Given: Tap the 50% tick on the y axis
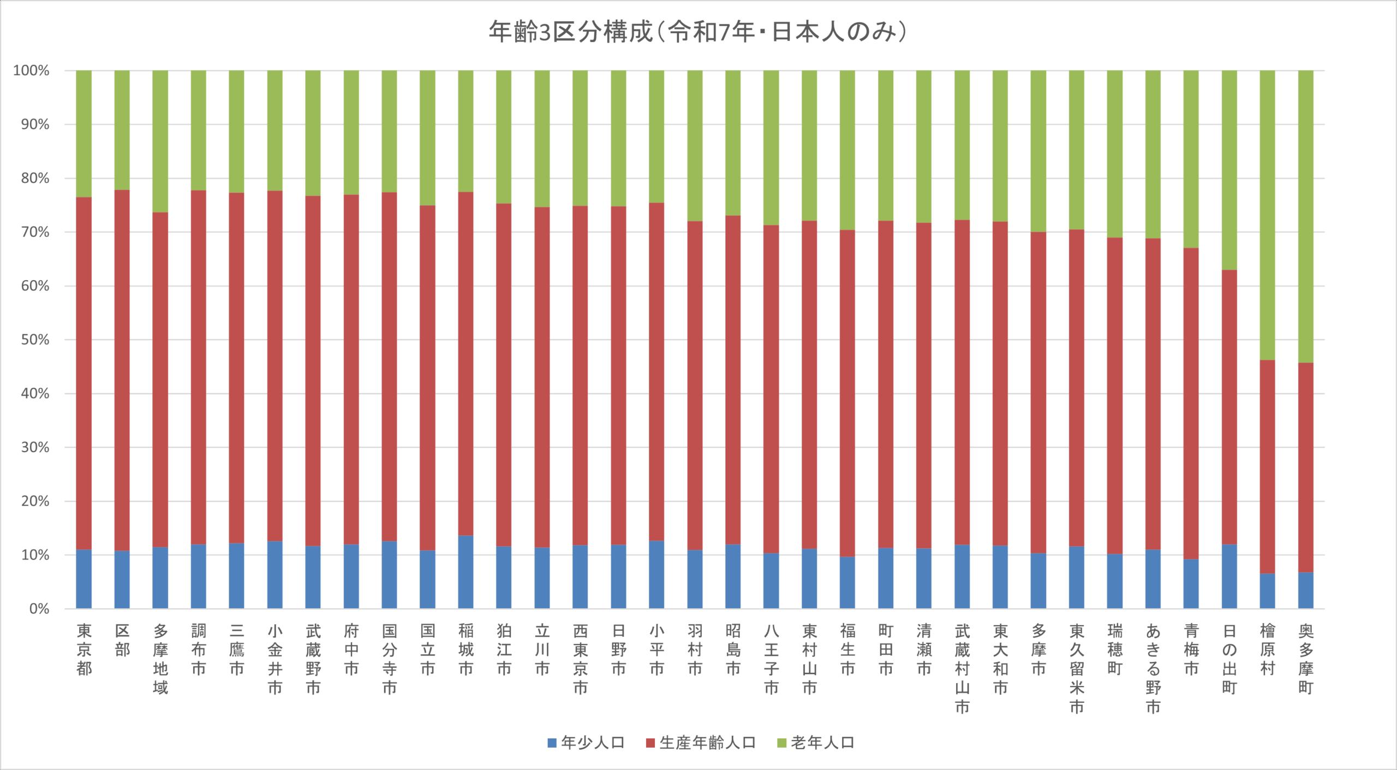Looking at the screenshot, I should (35, 340).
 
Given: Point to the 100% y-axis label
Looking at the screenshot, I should (31, 70).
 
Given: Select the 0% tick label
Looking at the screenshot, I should (39, 609).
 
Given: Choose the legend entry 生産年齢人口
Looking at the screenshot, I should (701, 743).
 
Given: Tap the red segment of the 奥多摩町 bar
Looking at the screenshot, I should (1305, 467).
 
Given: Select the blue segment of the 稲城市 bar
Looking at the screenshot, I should (465, 572).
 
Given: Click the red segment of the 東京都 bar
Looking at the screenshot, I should (83, 374).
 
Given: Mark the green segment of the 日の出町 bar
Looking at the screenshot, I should (1229, 170).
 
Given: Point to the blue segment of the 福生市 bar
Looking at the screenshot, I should (847, 583).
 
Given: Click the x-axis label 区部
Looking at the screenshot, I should (122, 640).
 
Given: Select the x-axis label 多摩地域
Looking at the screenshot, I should (160, 659).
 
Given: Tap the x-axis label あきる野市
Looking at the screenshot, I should (1153, 669).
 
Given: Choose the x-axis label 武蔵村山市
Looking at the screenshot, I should (962, 669).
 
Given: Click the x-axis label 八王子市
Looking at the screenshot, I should (771, 659).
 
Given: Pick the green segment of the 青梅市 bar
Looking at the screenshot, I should (1191, 159).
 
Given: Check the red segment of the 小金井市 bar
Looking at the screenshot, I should (274, 366).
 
